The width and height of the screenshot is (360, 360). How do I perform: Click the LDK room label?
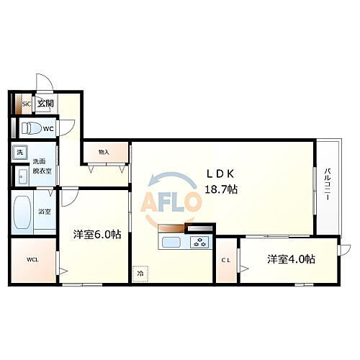(222, 174)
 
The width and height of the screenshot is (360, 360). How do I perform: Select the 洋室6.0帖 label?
(96, 235)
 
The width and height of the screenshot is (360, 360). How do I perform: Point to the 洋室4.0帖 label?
(292, 259)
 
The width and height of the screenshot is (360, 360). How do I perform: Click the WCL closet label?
(33, 259)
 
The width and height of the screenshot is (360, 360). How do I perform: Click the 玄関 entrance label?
(45, 104)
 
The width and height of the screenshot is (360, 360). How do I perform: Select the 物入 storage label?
(104, 152)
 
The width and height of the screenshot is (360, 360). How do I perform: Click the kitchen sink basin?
(173, 242)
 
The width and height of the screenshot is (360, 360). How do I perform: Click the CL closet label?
(225, 260)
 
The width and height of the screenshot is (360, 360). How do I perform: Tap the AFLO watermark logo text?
(174, 203)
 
